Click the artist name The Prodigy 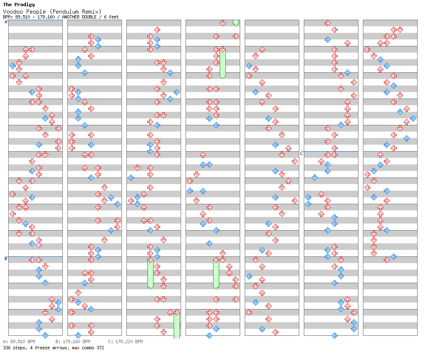point(19,5)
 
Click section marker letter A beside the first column point(6,22)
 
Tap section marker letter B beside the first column point(6,258)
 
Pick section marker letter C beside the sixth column point(301,153)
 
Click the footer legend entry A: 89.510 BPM point(19,342)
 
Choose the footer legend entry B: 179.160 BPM point(73,342)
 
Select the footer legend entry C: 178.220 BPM point(125,342)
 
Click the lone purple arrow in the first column point(39,245)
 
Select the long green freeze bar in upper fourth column point(223,64)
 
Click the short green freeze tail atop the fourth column point(236,23)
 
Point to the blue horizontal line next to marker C point(331,151)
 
